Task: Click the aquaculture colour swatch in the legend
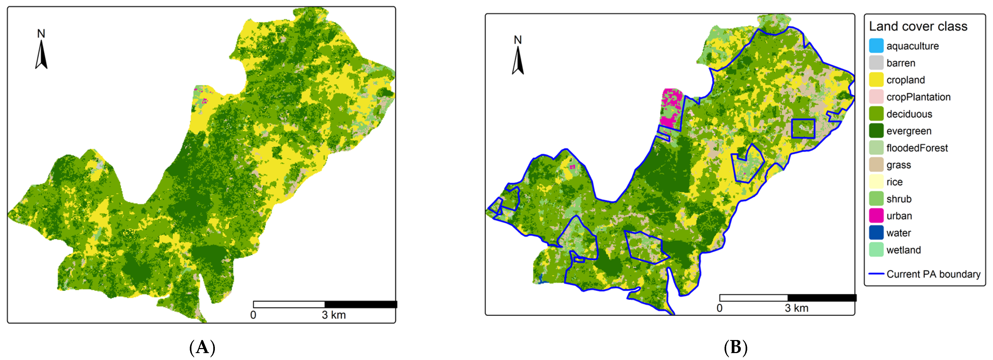pos(876,46)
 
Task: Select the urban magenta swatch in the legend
pos(876,216)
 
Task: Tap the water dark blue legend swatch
pos(876,233)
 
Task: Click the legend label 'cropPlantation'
pos(918,97)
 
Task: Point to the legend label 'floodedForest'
pos(917,148)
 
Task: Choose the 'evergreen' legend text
pos(908,131)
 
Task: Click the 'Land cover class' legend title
pos(918,26)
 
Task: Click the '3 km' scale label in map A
pos(333,315)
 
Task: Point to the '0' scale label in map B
pos(719,308)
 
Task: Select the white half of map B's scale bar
pos(753,298)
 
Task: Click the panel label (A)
pos(202,348)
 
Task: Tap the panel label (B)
pos(735,348)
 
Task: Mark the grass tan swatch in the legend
pos(876,165)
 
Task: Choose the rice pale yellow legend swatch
pos(876,182)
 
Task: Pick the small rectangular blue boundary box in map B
pos(803,129)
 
